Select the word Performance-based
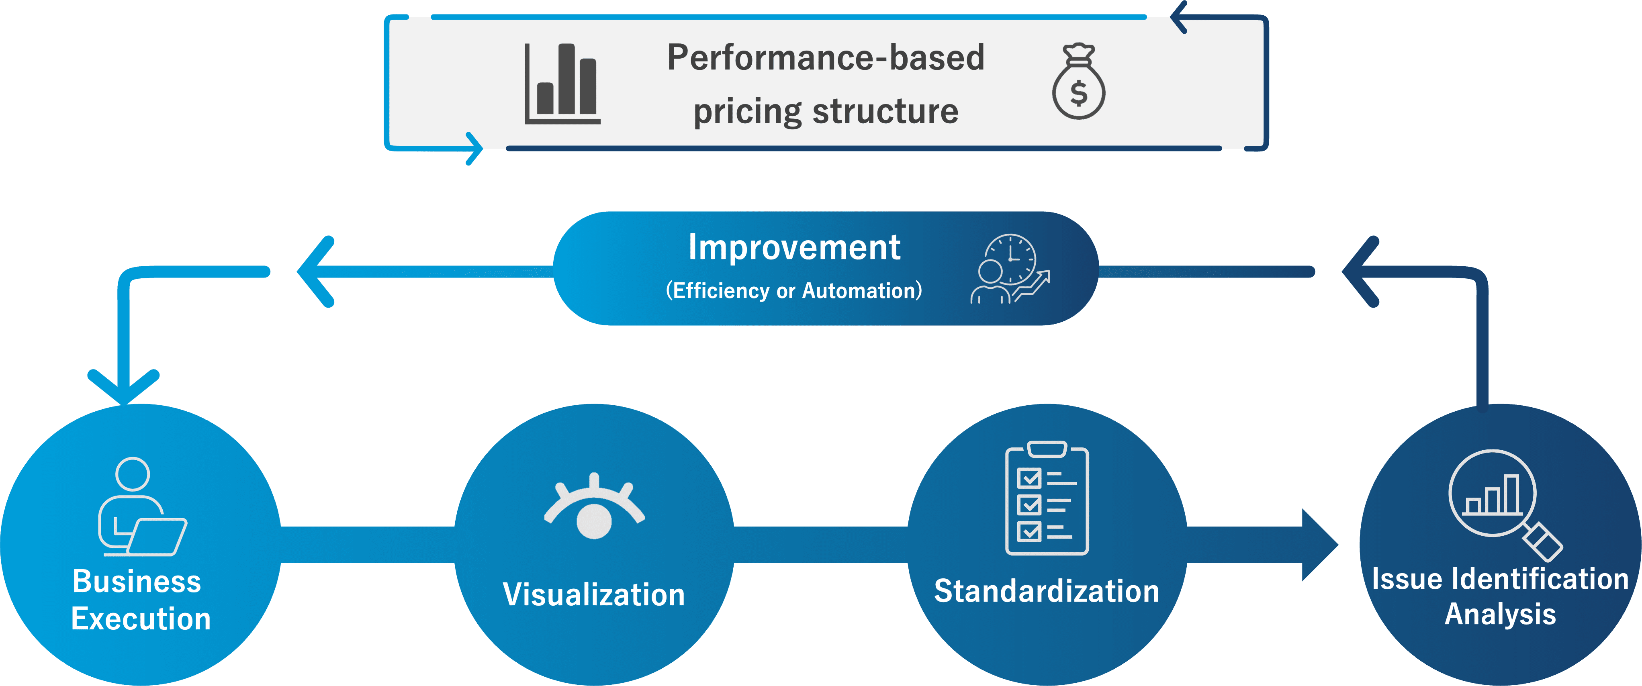point(826,57)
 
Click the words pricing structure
point(826,112)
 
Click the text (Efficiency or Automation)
point(793,290)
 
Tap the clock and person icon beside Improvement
point(1010,269)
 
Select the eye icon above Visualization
point(594,506)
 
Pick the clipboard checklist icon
point(1047,498)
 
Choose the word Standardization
point(1047,591)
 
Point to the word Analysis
point(1501,614)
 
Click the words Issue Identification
point(1501,579)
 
